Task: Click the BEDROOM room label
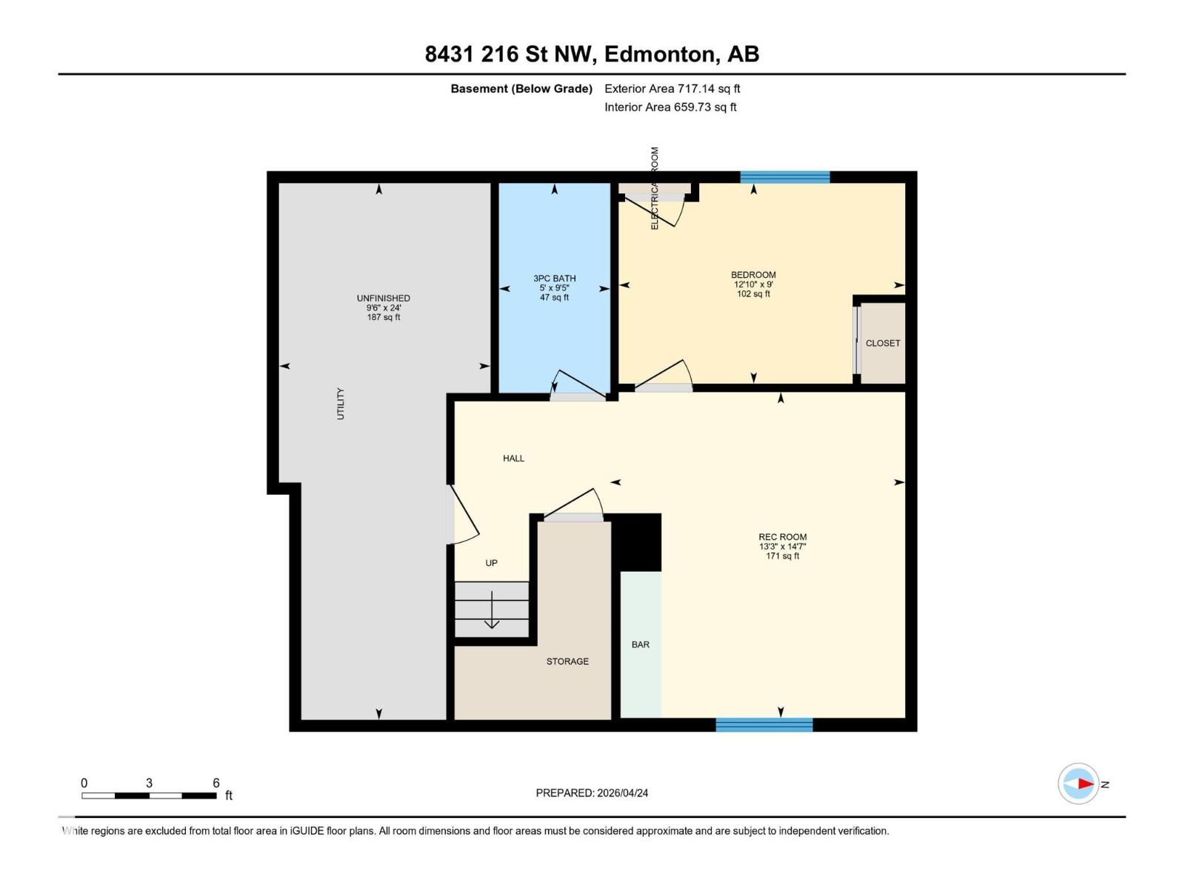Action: pos(753,275)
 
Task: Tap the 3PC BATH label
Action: pos(554,279)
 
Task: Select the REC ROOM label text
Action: pos(782,537)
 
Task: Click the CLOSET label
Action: pos(883,343)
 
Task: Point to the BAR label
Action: pos(641,645)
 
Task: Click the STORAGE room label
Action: pos(567,662)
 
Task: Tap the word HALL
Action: pos(513,459)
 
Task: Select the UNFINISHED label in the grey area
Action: pos(383,299)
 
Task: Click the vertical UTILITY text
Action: pos(341,404)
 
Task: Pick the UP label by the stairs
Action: pos(491,563)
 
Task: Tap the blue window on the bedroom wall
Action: pos(784,177)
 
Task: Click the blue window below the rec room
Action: pos(764,725)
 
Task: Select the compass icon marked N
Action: pos(1078,784)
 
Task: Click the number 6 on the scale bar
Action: pos(216,783)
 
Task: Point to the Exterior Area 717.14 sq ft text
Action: pos(672,89)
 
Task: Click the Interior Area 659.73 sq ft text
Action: pos(670,107)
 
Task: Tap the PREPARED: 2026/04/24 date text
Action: pos(592,793)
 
